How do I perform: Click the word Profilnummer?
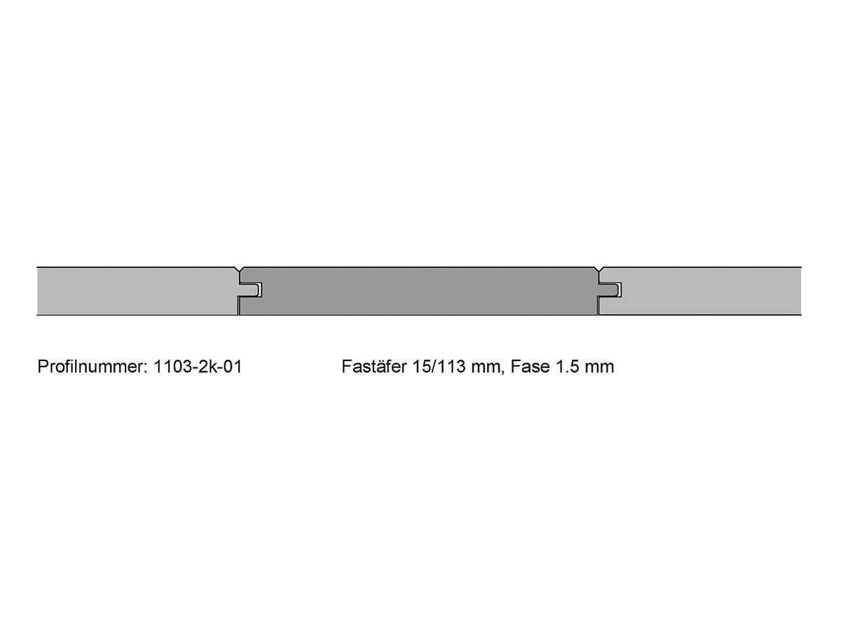[x=90, y=367]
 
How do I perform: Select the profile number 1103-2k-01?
[x=198, y=367]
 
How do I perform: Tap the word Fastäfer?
[x=374, y=367]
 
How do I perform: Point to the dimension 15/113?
[x=439, y=367]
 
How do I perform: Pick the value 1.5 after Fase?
[x=566, y=367]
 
